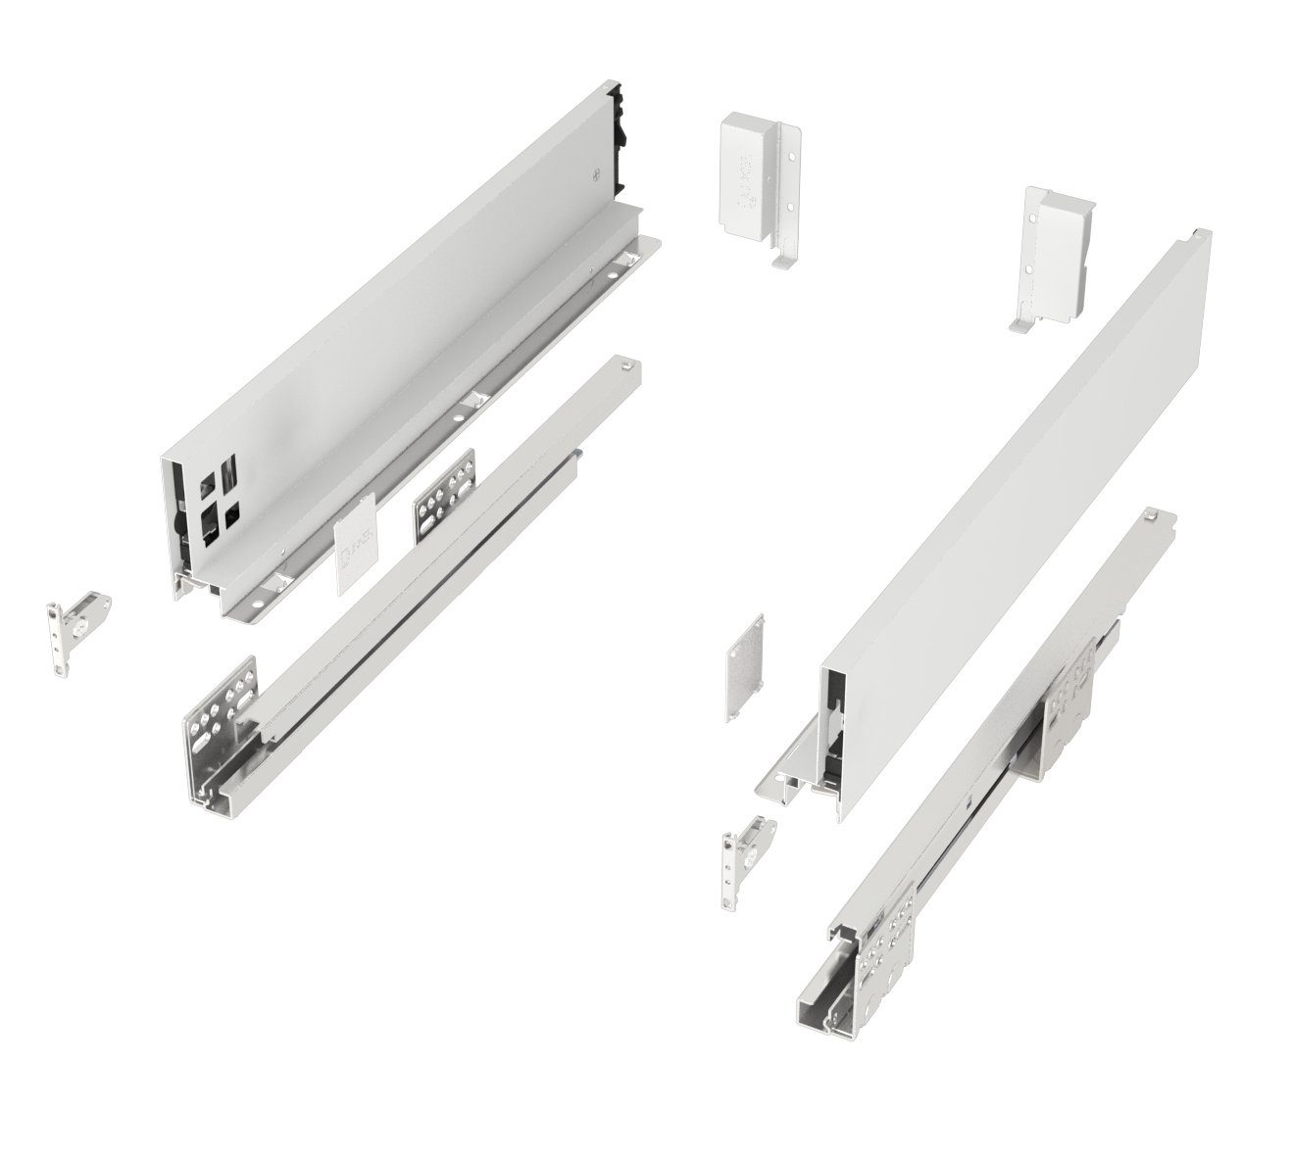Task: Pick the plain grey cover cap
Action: coord(746,670)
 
